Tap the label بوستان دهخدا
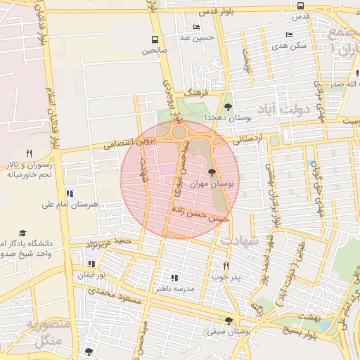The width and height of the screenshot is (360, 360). click(224, 116)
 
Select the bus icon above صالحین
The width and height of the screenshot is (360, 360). click(155, 40)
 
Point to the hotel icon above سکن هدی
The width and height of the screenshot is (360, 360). click(289, 34)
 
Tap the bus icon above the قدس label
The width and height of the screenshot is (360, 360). click(301, 6)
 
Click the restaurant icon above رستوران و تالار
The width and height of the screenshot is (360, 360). click(29, 153)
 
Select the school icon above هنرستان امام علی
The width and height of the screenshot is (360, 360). click(69, 193)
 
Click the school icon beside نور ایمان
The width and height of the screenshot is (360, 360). click(91, 264)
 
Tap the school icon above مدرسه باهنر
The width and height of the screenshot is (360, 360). click(174, 278)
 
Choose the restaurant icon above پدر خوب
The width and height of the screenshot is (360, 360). click(226, 266)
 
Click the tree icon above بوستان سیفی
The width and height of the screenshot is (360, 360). click(229, 320)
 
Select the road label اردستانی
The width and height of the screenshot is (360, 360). click(246, 139)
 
